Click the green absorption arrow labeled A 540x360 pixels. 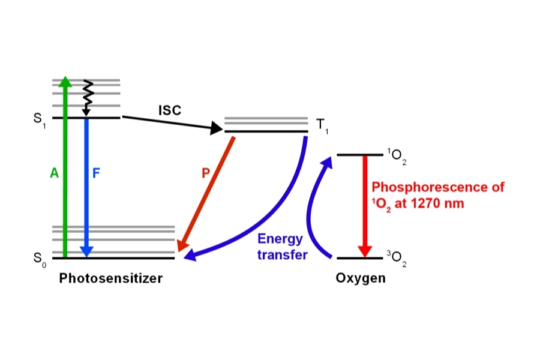[65, 198]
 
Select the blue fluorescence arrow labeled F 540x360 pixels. [87, 204]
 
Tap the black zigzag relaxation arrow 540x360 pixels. [86, 96]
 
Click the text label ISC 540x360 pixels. [169, 110]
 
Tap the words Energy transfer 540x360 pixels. [282, 247]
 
